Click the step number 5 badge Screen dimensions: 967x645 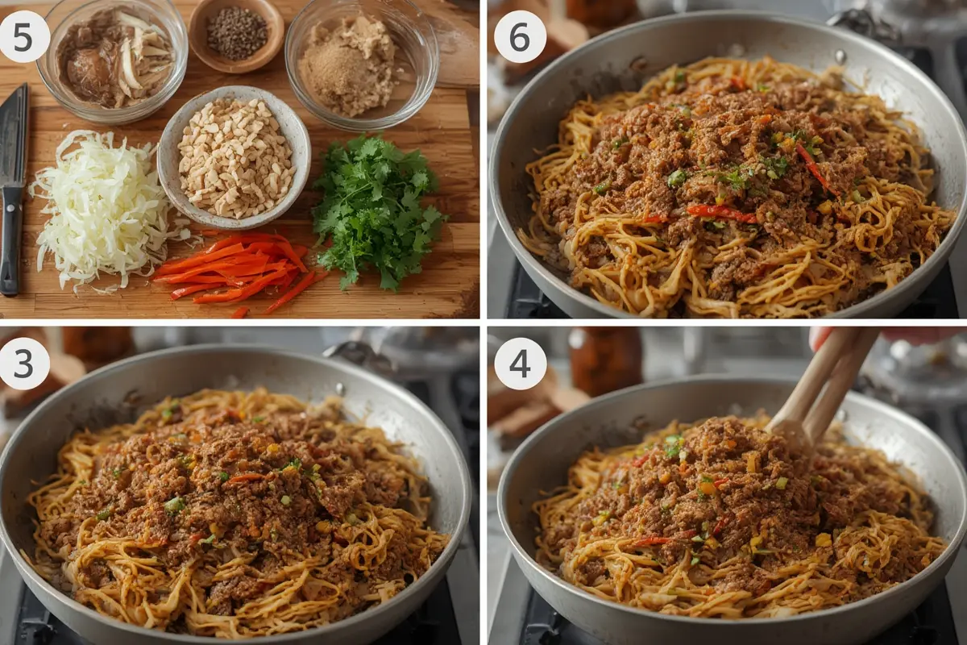click(x=23, y=37)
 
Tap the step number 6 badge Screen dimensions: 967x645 click(x=520, y=37)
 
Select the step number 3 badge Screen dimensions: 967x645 click(x=23, y=364)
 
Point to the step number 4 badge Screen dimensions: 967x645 click(x=520, y=364)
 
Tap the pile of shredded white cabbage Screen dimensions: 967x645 click(x=104, y=207)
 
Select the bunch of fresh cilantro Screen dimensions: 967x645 click(x=376, y=207)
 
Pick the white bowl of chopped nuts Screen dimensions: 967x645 click(x=234, y=158)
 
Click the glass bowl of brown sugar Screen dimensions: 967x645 click(x=361, y=63)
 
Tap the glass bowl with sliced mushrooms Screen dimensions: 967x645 click(x=112, y=58)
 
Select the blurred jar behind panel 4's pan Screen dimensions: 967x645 click(x=604, y=360)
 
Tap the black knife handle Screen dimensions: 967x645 click(x=10, y=239)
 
